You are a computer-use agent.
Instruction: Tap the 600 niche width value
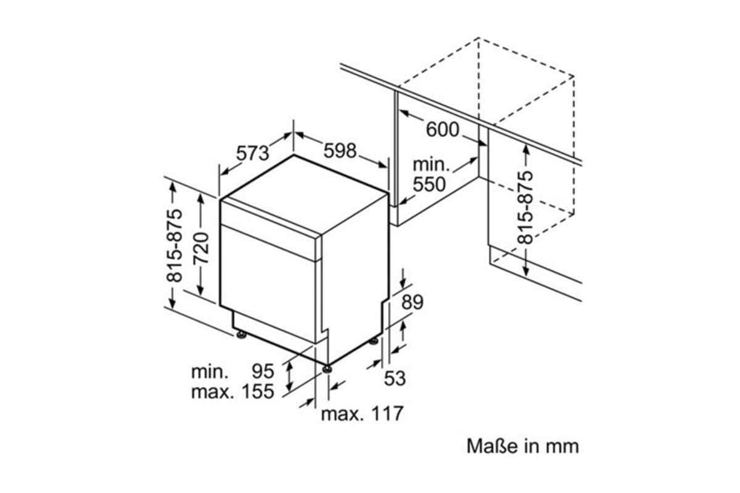tap(443, 129)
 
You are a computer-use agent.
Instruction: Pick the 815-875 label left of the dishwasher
tap(175, 245)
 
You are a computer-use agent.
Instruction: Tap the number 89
tap(413, 302)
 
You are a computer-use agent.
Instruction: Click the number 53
tap(395, 378)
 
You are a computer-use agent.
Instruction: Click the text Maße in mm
tap(523, 446)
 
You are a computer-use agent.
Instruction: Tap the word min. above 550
tap(431, 165)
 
